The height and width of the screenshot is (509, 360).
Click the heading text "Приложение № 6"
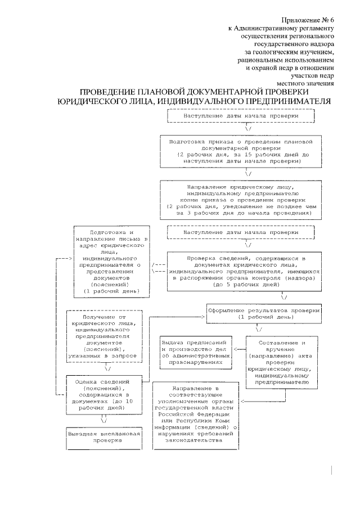[x=308, y=18]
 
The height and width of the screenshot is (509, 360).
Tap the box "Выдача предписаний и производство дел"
[x=194, y=352]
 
